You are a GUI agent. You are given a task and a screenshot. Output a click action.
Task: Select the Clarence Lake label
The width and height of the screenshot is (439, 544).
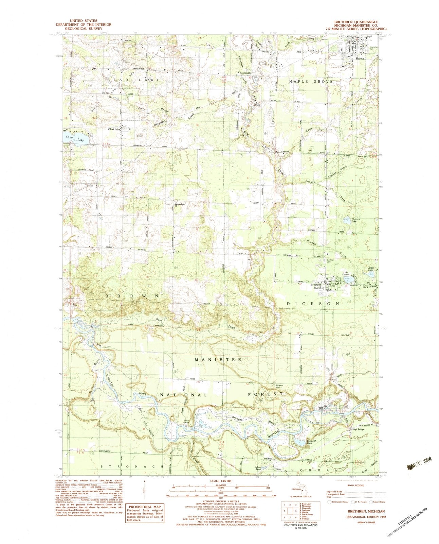pos(356,220)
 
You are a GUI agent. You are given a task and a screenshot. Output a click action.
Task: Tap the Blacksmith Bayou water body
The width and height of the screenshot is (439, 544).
pos(300,442)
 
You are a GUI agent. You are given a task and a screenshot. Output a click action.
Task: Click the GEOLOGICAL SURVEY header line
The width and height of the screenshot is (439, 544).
pos(77,29)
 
